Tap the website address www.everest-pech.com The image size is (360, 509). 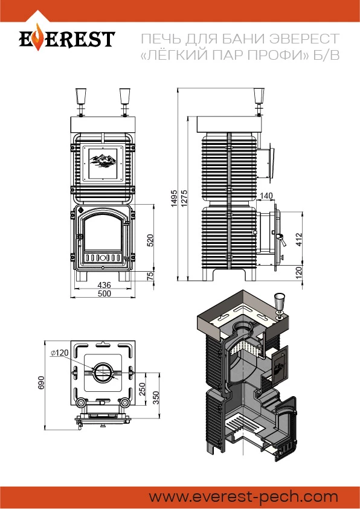(x=243, y=497)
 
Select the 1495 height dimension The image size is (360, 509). (x=174, y=198)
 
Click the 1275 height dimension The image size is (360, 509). (x=184, y=198)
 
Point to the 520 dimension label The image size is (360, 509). (x=150, y=240)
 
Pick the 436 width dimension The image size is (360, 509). (x=104, y=284)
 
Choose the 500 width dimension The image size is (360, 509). (x=104, y=293)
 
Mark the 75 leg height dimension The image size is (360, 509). (x=150, y=277)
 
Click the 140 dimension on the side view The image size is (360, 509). (x=266, y=196)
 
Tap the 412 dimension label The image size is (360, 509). (x=299, y=239)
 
